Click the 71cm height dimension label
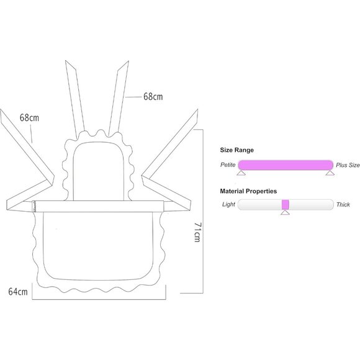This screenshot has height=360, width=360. point(197,232)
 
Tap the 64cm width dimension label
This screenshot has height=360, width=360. point(18,292)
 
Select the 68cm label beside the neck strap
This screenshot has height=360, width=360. point(153,97)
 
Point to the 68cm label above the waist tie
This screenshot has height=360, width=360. point(29,118)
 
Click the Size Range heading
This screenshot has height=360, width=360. point(237,150)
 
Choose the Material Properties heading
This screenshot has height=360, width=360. point(248,191)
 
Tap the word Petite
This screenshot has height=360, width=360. point(228,164)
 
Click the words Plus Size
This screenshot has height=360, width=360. point(348,165)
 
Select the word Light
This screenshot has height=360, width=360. point(228,204)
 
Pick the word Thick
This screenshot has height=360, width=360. point(343,204)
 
